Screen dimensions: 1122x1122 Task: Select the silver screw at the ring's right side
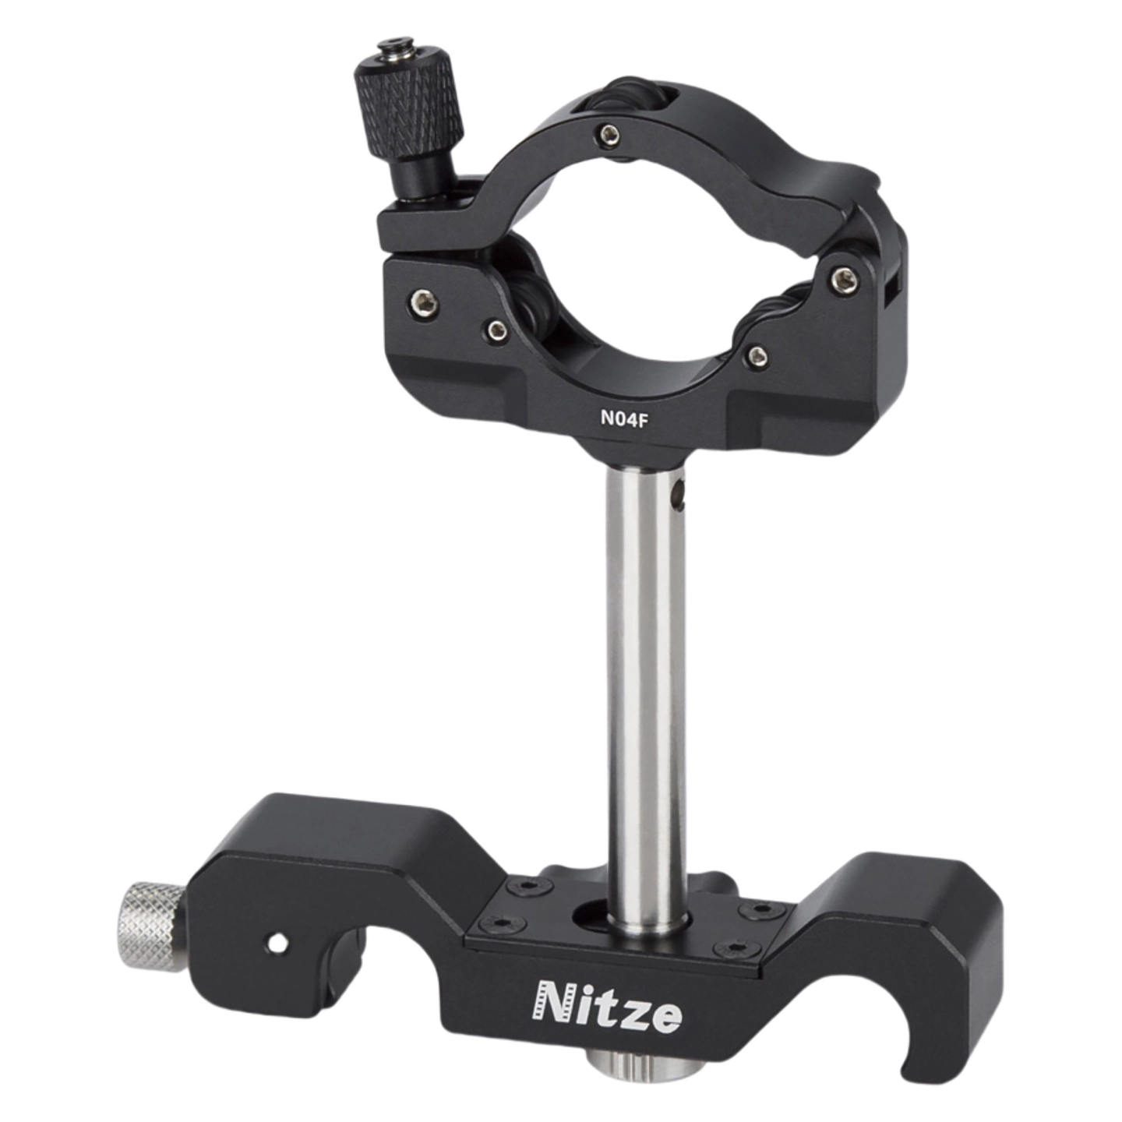click(845, 280)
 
